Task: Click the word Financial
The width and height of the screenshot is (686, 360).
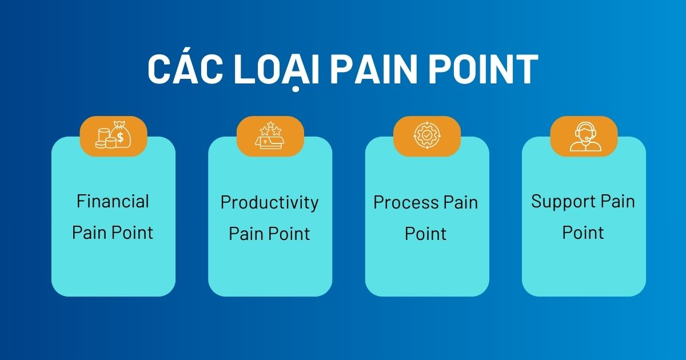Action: point(113,202)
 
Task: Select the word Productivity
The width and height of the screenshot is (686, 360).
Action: point(269,203)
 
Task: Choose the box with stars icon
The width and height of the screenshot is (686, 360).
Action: point(270,136)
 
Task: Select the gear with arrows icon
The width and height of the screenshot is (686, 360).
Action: point(427,136)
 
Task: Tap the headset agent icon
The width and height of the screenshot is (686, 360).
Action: point(584,136)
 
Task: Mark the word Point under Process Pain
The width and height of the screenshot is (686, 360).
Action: point(426,234)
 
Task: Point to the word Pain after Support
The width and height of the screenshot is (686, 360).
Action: point(617,202)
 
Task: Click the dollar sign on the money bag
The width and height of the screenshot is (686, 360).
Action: point(121,138)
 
